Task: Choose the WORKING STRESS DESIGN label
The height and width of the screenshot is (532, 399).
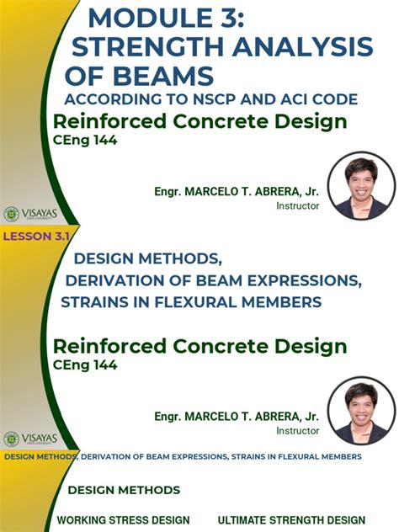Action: [x=123, y=520]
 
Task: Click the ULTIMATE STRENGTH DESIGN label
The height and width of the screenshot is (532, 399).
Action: [x=291, y=520]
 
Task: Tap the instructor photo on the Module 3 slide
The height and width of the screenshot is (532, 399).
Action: [x=361, y=185]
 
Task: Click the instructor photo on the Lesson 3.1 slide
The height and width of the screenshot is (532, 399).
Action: [x=361, y=410]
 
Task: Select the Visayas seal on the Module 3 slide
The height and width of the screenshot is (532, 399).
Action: [x=12, y=214]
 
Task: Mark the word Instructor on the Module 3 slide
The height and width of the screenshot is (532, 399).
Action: [x=298, y=205]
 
